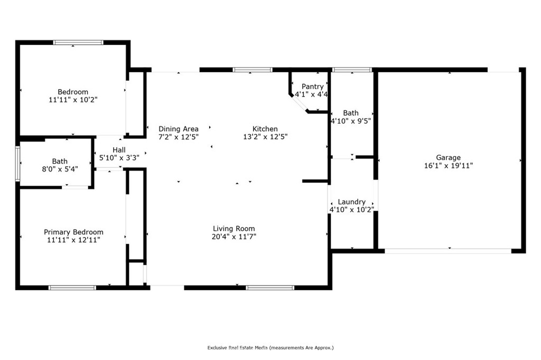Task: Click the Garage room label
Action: click(x=448, y=157)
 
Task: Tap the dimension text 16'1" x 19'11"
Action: click(x=448, y=165)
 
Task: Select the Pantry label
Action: click(x=312, y=87)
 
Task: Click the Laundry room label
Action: click(x=351, y=202)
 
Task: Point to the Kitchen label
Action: click(x=265, y=129)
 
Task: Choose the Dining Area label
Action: click(x=179, y=129)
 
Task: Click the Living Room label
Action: click(x=234, y=229)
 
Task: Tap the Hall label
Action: click(x=119, y=150)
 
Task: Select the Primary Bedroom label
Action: click(x=73, y=232)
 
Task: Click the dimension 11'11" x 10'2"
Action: click(x=73, y=99)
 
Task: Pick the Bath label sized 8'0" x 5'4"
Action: click(x=60, y=162)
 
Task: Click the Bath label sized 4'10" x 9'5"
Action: click(x=351, y=113)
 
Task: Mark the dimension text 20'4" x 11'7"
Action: click(x=234, y=236)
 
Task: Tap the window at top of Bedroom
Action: click(x=73, y=43)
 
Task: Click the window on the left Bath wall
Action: click(x=17, y=163)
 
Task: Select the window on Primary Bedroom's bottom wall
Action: click(x=72, y=288)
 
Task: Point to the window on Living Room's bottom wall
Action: click(x=270, y=288)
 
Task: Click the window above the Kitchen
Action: click(x=253, y=70)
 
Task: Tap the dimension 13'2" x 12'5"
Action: click(x=265, y=137)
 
